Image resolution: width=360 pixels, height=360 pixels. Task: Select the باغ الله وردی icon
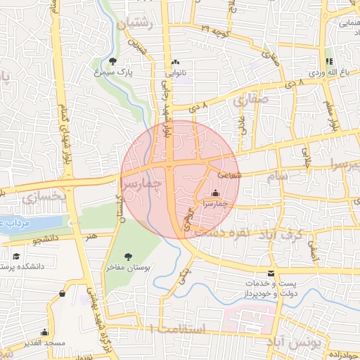click(329, 61)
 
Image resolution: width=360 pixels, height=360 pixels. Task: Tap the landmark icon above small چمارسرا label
click(214, 193)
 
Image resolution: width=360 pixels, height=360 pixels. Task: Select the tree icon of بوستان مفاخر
click(128, 257)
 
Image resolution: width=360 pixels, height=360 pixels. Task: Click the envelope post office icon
click(271, 274)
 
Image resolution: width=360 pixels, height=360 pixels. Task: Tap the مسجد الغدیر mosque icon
click(45, 332)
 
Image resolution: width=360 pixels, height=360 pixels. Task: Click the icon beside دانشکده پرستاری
click(15, 257)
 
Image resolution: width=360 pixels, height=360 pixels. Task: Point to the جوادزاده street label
click(342, 355)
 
